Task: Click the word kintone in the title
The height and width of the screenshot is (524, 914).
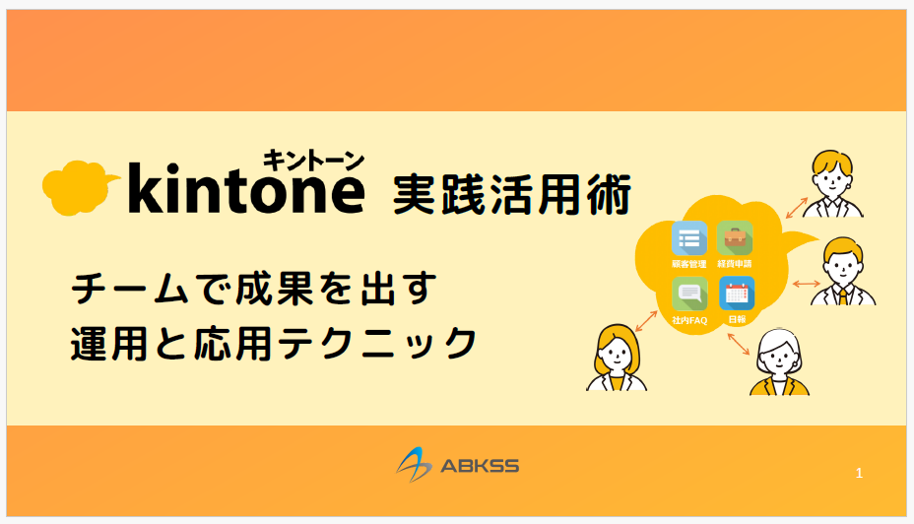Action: coord(246,188)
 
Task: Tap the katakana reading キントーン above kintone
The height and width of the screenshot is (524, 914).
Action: coord(313,161)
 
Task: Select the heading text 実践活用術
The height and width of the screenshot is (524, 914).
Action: coord(512,195)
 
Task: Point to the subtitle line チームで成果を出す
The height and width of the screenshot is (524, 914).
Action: coord(254,288)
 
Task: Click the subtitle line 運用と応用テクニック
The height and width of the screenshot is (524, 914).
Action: coord(274,343)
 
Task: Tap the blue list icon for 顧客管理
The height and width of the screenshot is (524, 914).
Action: coord(689,238)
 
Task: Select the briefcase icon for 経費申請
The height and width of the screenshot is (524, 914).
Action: coord(735,237)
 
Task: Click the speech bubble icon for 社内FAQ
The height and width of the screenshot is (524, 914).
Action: coord(689,294)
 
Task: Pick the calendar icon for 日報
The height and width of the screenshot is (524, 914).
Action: coord(737,294)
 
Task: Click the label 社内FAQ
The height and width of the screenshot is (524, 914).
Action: coord(689,320)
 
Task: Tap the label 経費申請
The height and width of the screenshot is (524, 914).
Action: coord(735,264)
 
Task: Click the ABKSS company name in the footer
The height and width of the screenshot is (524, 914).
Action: coord(480,466)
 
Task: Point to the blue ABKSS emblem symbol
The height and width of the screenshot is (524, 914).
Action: coord(414,465)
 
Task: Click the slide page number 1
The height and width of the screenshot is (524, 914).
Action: coord(859,473)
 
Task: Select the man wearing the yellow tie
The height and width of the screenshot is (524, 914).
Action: coord(843,271)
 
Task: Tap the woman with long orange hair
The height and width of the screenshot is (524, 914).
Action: coord(617,358)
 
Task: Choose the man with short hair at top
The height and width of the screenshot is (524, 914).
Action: coord(833,183)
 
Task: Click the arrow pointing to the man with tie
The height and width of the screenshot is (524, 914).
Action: coord(807,284)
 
